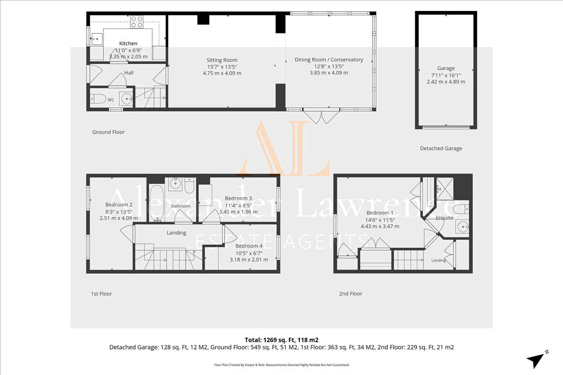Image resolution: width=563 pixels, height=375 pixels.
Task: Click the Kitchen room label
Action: coord(128,44)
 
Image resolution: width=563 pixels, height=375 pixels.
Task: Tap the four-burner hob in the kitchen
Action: coord(137,22)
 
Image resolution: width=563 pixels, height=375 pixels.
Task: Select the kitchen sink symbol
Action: coord(96,39)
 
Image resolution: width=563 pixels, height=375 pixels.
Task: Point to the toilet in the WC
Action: coord(98,99)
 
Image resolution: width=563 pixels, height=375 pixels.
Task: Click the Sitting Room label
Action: coord(222,60)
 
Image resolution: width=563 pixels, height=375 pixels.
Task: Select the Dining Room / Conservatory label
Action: coord(329,59)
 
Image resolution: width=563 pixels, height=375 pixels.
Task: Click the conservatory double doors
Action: coord(322,116)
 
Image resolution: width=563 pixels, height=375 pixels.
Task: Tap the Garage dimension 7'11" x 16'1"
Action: coord(446,75)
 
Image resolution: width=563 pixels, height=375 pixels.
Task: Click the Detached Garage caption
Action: coord(441,149)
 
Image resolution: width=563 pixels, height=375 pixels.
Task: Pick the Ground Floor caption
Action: coord(108,132)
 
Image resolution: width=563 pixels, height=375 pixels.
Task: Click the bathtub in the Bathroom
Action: coord(157,204)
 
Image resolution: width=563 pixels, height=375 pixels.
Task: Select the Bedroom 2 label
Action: coord(119,205)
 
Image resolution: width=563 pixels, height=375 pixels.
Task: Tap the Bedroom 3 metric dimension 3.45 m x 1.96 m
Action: coord(238,212)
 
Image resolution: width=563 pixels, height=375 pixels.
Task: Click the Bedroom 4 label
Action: coord(249,246)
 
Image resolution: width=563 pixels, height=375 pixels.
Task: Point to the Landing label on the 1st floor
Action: coord(176,233)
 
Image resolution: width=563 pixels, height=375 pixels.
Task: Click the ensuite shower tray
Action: coord(445,189)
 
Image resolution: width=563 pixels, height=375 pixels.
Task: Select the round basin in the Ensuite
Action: coord(462,226)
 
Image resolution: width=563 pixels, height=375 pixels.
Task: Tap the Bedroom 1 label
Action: coord(380,213)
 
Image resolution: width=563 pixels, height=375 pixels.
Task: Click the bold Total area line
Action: coord(281,340)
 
